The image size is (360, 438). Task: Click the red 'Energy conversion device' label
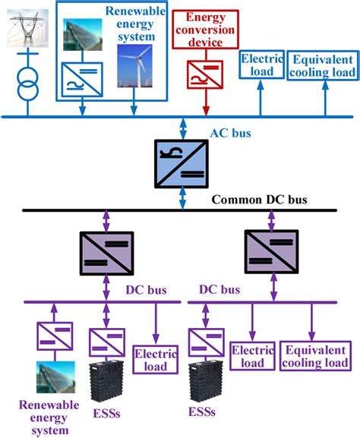205,28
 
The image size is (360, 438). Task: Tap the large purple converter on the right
267,249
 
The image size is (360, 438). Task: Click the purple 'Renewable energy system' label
39,417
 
